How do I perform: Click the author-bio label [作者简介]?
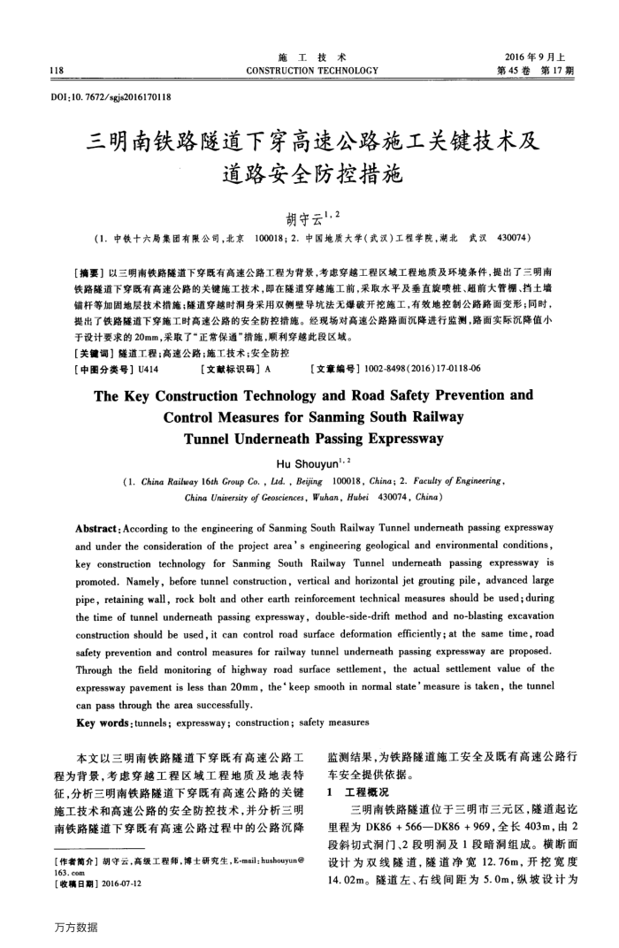point(76,859)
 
